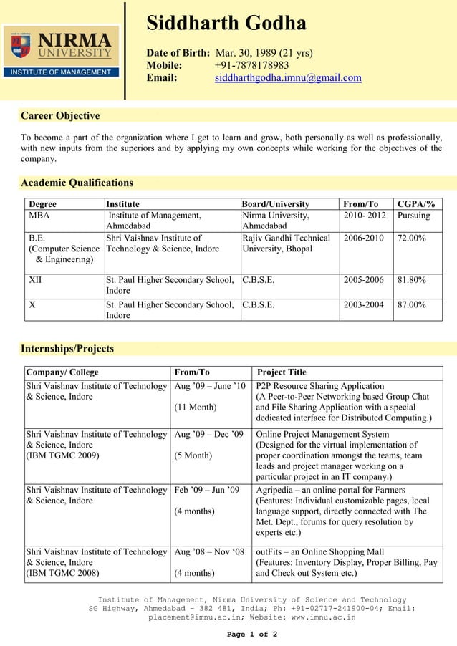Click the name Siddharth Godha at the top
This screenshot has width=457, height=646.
(226, 24)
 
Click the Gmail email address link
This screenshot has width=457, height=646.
(288, 78)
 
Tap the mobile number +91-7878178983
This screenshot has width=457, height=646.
(251, 65)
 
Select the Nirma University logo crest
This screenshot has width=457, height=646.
(20, 46)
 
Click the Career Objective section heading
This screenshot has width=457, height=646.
(60, 116)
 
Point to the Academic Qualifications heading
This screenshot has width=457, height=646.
(77, 183)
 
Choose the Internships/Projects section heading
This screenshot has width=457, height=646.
(67, 349)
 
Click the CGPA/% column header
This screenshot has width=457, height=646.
(420, 204)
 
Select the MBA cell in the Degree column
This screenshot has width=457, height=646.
(39, 216)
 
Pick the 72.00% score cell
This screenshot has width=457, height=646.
(412, 238)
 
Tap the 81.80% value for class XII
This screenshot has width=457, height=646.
(412, 279)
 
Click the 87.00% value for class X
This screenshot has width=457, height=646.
(412, 304)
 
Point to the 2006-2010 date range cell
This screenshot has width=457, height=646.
(363, 238)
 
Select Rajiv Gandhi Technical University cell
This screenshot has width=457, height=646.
(287, 244)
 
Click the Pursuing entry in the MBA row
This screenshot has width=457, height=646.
(414, 216)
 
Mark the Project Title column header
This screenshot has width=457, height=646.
(282, 372)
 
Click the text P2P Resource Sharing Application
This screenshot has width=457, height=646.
(320, 386)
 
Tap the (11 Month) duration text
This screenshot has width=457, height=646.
(195, 408)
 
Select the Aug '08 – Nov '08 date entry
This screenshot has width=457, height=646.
(209, 552)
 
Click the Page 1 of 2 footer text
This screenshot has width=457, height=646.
(251, 635)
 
